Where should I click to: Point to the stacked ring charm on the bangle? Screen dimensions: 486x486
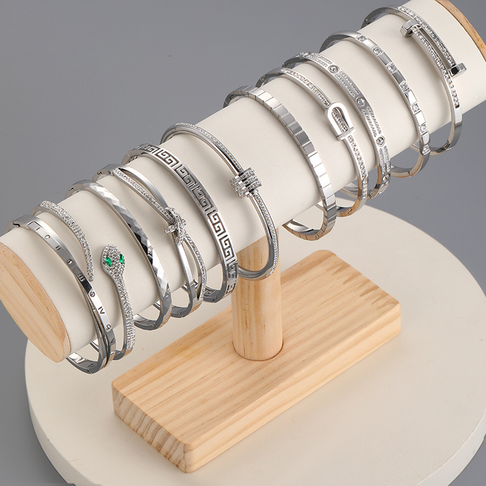(246, 183)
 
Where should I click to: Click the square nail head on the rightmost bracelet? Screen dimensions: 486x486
(458, 70)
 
